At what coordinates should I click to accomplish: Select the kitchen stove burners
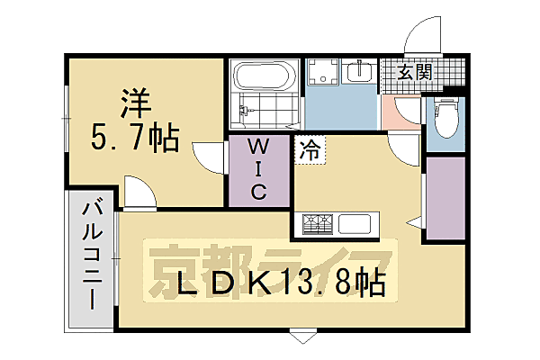click(x=316, y=223)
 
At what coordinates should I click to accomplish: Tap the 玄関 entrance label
click(x=412, y=73)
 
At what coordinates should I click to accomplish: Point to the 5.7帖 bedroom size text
click(x=135, y=138)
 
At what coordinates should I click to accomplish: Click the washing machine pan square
click(x=321, y=73)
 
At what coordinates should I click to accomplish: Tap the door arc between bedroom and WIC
click(x=209, y=158)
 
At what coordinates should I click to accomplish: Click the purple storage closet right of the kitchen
click(x=445, y=198)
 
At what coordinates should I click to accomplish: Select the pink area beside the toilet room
click(x=396, y=112)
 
